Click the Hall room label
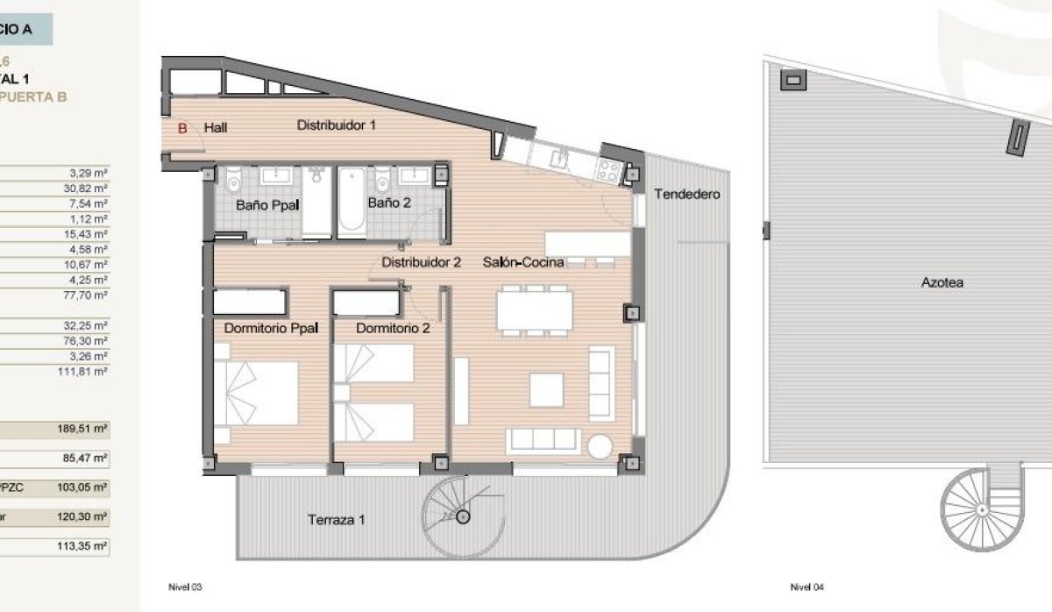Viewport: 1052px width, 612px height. [x=216, y=128]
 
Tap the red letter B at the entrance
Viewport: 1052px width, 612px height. [x=182, y=128]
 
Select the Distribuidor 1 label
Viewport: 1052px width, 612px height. [x=336, y=125]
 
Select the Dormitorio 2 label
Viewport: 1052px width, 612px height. [x=393, y=329]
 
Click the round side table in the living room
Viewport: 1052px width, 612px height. [x=601, y=445]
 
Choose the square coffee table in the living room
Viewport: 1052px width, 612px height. [x=546, y=389]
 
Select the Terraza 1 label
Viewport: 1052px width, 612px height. [x=336, y=520]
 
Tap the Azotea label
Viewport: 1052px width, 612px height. [x=942, y=283]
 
